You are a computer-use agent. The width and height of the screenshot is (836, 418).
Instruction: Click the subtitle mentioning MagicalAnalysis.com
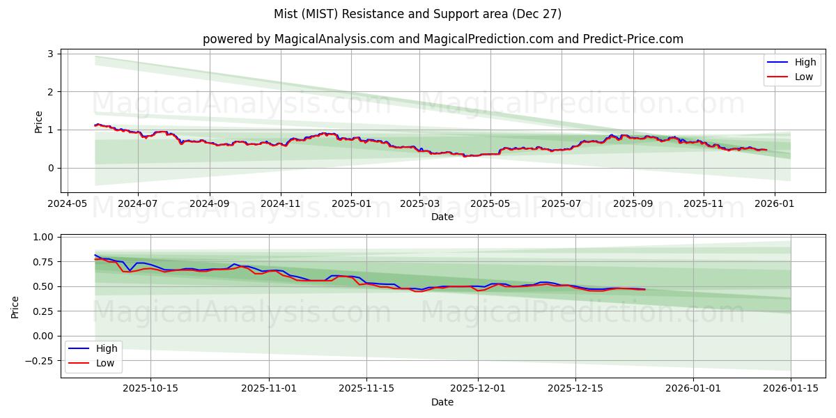442,39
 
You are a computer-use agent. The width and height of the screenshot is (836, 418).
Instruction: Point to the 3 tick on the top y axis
52,54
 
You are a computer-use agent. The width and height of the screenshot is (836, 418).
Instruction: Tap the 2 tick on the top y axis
52,92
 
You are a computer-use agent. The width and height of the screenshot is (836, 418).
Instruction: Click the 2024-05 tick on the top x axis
67,204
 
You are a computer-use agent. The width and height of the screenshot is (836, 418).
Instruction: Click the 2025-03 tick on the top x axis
419,204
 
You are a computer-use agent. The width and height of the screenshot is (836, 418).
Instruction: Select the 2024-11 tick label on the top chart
281,204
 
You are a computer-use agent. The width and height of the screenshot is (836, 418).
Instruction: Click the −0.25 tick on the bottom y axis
40,361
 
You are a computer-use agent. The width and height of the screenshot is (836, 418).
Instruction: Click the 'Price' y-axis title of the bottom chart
15,307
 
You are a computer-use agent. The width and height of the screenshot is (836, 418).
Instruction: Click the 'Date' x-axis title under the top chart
442,217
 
